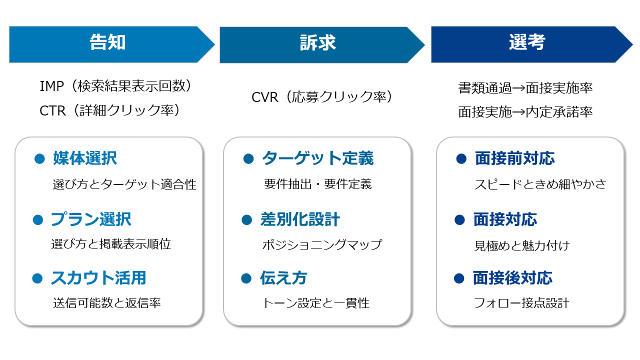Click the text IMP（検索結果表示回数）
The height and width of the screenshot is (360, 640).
pos(115,86)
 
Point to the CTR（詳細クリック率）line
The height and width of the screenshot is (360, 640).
pos(109,110)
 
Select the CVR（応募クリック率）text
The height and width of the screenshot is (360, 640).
pos(322,96)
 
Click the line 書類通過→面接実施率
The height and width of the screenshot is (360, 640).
pos(525,88)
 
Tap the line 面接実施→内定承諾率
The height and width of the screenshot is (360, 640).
pos(525,112)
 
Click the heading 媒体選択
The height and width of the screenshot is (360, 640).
pos(85,159)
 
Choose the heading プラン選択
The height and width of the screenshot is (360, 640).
pos(91,219)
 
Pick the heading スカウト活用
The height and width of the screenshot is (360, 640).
pos(98,278)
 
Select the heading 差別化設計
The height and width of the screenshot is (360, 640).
pos(300,219)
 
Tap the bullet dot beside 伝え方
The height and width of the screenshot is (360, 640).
pos(246,278)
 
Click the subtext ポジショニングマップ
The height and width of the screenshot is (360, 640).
pos(322,244)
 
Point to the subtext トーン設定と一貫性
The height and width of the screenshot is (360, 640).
pos(316,303)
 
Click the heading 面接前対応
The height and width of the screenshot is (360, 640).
pos(515,159)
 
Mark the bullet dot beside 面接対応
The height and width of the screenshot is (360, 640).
pos(459,219)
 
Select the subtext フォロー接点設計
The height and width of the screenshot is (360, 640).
pos(521,303)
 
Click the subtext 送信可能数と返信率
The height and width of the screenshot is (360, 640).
pos(107,303)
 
